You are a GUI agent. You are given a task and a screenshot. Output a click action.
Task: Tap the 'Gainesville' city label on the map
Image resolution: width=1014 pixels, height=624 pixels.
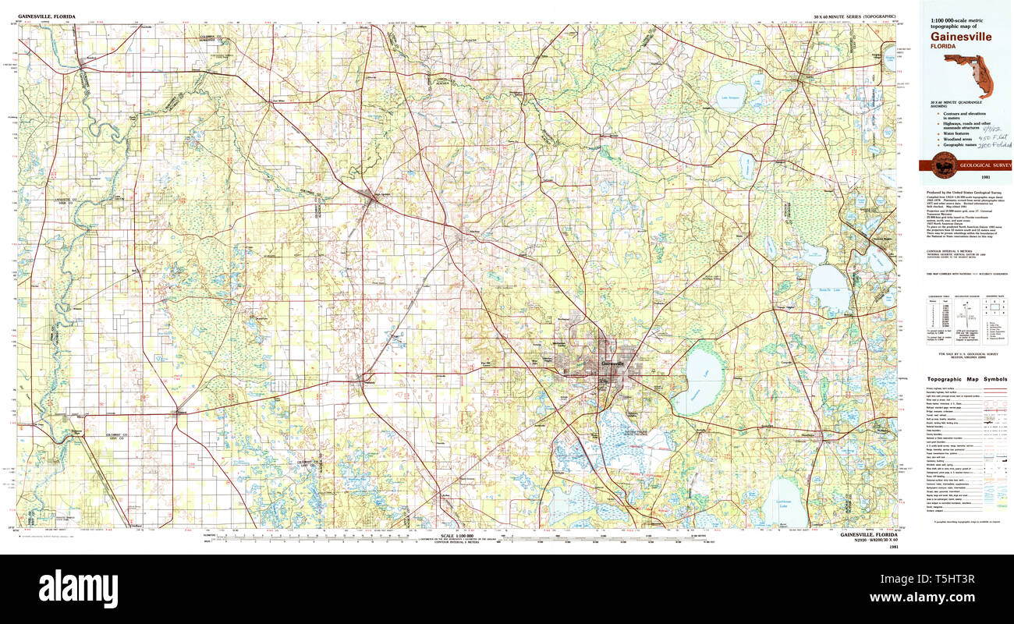click(617, 364)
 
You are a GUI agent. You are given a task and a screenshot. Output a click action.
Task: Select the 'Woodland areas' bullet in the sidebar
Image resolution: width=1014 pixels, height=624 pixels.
click(952, 140)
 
